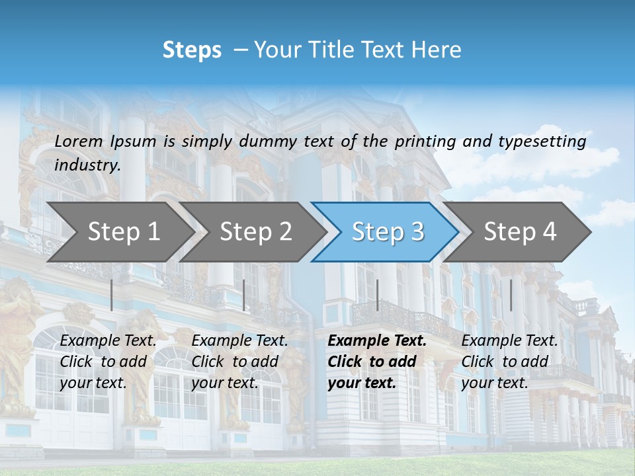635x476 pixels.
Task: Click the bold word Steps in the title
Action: (x=192, y=50)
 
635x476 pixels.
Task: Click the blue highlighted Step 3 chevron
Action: (x=388, y=232)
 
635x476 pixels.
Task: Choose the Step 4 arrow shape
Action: (x=520, y=232)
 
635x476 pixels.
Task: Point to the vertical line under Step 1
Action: (x=112, y=295)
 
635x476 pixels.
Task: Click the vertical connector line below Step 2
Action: (x=244, y=295)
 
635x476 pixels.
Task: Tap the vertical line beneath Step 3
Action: (x=378, y=295)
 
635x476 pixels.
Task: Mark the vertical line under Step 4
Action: (x=511, y=295)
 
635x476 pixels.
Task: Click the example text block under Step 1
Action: (x=107, y=362)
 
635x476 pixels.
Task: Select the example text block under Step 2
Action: (x=239, y=362)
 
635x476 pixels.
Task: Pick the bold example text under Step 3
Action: (x=376, y=362)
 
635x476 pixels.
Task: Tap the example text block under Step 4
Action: (x=509, y=362)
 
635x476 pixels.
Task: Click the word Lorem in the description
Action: (x=79, y=141)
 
